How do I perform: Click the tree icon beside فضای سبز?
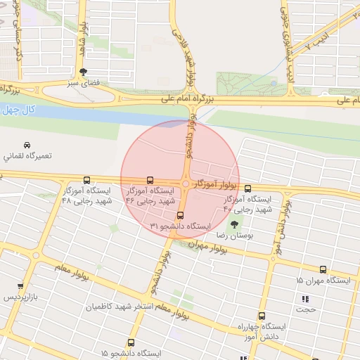click(x=84, y=71)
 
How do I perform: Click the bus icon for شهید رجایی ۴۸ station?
click(x=86, y=180)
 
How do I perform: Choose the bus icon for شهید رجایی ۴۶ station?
click(x=150, y=180)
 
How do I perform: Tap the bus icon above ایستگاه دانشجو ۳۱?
click(x=181, y=215)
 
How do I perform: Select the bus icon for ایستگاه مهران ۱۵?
click(x=323, y=269)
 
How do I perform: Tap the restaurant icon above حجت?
click(x=304, y=300)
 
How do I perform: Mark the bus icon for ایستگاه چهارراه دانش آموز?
click(x=262, y=316)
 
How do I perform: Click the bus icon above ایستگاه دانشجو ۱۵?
click(x=131, y=343)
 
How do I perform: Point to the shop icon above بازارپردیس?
click(x=20, y=287)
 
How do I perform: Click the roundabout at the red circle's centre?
click(x=185, y=184)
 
